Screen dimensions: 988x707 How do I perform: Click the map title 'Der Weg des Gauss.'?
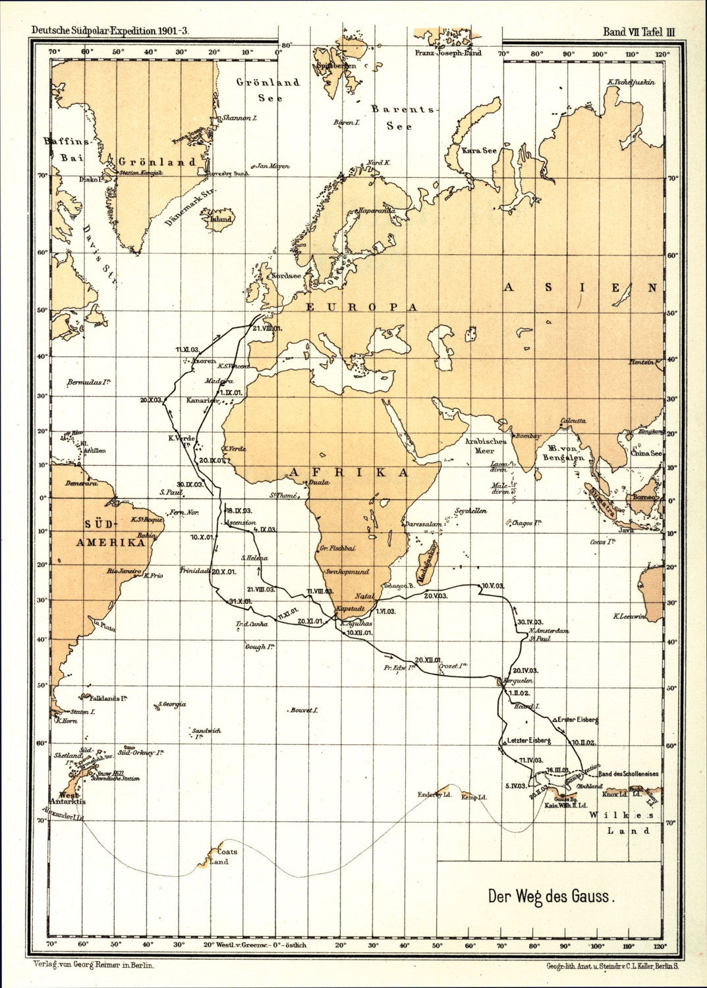[551, 896]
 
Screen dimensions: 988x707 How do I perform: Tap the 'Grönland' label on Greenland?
[157, 162]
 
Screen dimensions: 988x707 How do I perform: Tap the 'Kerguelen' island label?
[517, 680]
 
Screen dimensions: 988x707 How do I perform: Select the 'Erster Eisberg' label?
[576, 719]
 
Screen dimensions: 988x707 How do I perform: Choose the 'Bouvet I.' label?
[304, 711]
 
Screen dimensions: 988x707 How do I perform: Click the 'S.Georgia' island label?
[172, 704]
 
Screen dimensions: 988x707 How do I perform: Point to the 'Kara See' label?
[479, 151]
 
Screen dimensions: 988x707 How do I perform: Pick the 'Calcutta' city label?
[571, 420]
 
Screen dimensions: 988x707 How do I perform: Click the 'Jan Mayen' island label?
[272, 167]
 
